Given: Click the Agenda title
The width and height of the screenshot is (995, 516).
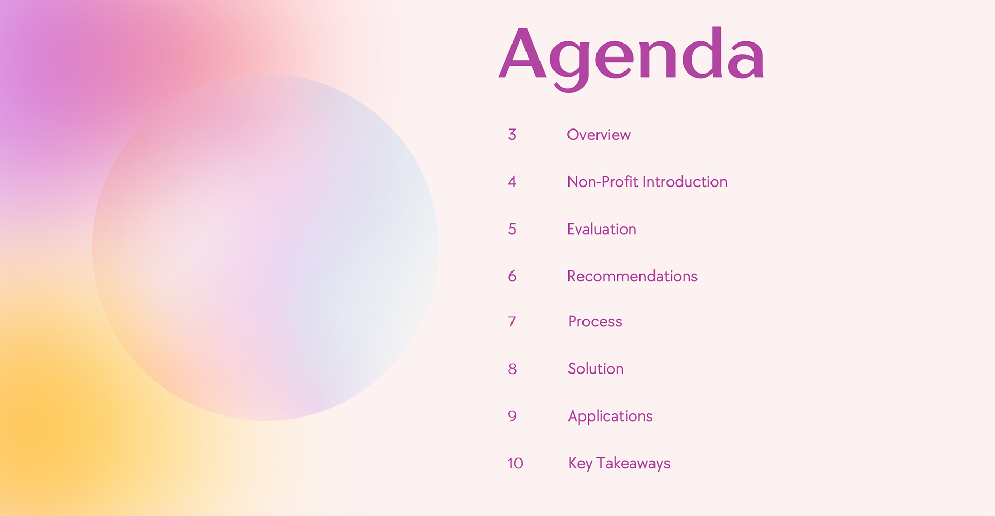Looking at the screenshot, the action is pos(631,58).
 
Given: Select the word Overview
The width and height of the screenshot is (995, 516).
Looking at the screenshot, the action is pos(599,135).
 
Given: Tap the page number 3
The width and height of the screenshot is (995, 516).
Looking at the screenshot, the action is pos(512,135).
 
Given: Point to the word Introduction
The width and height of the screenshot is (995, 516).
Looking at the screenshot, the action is pos(685,182).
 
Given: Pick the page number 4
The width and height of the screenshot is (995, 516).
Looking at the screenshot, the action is pos(512,182).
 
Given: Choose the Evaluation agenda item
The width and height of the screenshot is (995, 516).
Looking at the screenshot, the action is pos(602,229).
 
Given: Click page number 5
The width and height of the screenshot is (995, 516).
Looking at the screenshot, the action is pos(512,229).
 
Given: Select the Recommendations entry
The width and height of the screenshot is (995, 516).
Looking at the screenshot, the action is pos(632,276).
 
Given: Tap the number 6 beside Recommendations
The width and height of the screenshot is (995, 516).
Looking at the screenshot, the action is pos(512,276).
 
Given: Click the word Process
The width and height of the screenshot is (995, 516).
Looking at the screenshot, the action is pos(595,321).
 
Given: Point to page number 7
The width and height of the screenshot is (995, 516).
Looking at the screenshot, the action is pos(512,322).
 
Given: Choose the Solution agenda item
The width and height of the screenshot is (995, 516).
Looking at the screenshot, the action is pos(596,368).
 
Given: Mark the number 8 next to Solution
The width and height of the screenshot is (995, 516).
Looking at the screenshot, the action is pos(512,369).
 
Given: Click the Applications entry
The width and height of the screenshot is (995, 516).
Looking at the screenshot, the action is pos(610,417).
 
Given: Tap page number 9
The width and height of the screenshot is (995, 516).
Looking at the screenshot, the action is pos(512,416).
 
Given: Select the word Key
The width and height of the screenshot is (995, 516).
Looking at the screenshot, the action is pos(580,464).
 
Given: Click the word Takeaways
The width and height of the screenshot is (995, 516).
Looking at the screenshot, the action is pos(633,464).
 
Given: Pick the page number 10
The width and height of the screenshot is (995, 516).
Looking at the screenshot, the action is pos(515,463).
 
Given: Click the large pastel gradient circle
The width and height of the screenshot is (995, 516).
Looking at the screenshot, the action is pos(265,248).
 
